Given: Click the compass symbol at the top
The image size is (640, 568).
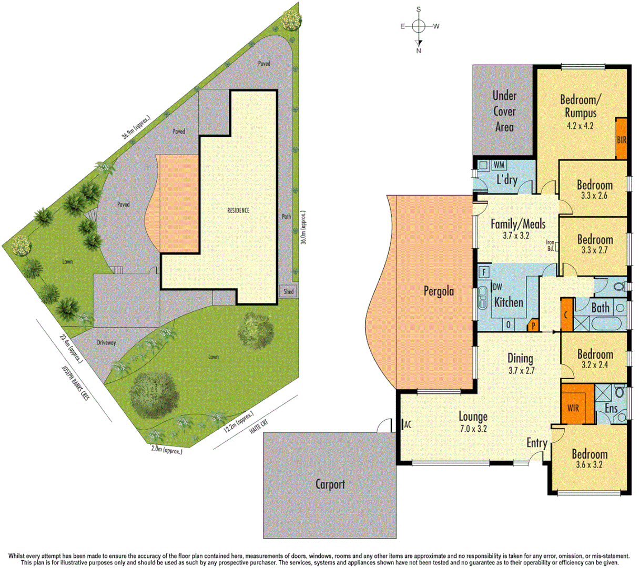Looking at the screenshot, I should tap(419, 26).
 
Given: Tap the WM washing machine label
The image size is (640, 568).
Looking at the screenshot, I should tap(499, 165).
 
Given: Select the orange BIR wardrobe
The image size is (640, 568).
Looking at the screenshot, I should tap(622, 138).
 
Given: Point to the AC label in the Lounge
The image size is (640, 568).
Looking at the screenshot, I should tap(407, 425).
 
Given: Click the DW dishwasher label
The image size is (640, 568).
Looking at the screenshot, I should tap(497, 287).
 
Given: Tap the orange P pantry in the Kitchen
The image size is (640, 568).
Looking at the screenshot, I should tap(533, 326).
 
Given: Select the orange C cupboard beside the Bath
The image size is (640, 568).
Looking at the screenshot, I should tap(566, 315).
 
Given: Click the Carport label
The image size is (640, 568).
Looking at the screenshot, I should tap(330, 484).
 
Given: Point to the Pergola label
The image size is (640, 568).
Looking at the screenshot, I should tap(439, 291).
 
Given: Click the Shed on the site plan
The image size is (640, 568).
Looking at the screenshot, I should tap(289, 291).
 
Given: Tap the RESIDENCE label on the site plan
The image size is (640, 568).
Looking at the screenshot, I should tap(238, 210).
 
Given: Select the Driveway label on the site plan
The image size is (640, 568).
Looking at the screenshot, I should tap(106, 342).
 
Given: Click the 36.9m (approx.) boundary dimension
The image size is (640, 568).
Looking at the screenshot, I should tap(136, 126).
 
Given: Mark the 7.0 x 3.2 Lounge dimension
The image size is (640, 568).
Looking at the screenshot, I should tap(473, 429).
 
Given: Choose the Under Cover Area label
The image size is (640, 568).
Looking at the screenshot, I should tap(504, 111).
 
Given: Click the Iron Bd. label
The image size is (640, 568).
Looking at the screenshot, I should tap(550, 246).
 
